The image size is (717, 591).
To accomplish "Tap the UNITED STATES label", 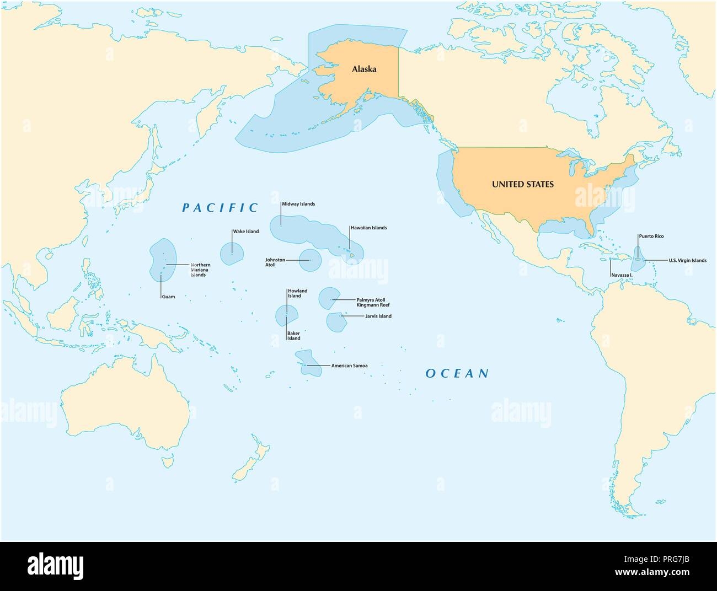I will click(x=522, y=185).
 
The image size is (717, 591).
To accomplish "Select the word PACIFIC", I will click(x=220, y=208).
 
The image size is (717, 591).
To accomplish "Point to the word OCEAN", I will click(x=457, y=374).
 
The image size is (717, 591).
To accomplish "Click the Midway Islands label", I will click(x=298, y=204).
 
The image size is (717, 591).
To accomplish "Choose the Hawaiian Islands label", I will click(x=368, y=228).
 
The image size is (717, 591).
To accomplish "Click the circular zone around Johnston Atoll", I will click(x=310, y=260).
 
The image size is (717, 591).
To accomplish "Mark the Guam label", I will click(x=168, y=297).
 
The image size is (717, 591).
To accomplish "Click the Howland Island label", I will click(x=297, y=293).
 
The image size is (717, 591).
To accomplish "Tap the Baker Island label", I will click(x=294, y=336).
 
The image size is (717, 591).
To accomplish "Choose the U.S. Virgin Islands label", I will click(x=687, y=260).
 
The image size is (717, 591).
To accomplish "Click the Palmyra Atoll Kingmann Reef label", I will click(x=373, y=302).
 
